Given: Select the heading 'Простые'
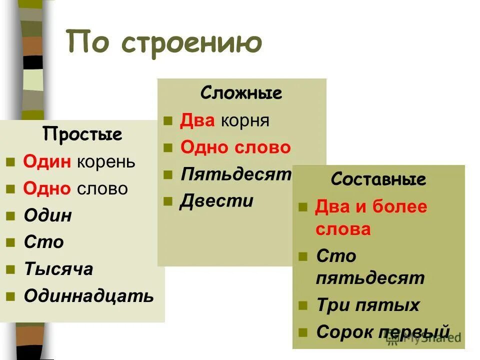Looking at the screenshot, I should (x=82, y=134).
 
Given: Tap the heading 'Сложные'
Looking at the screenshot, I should (x=241, y=93).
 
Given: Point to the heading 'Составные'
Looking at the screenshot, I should (x=378, y=179).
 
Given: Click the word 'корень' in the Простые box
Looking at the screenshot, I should (x=106, y=162).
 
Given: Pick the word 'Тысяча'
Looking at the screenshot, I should (x=58, y=269).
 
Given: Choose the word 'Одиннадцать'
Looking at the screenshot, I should (x=89, y=295).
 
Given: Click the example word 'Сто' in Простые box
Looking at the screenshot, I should (x=44, y=242).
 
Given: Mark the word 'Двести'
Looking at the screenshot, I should (x=216, y=201).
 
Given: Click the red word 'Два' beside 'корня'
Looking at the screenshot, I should (x=197, y=121).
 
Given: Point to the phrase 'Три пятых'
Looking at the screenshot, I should (x=367, y=305).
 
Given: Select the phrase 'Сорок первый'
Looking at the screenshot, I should (x=383, y=331).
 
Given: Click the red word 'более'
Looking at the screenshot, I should (x=399, y=206).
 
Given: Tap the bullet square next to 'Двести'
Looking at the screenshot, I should (x=168, y=202).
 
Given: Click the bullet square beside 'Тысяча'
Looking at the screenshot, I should (x=10, y=270).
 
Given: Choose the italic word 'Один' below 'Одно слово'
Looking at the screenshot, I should (x=48, y=215).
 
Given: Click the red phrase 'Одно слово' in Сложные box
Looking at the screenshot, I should (x=235, y=147).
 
